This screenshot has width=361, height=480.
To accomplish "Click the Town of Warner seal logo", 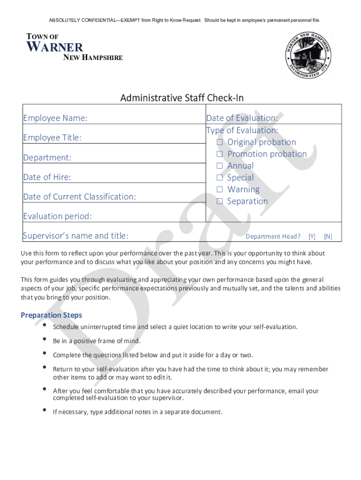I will [308, 55].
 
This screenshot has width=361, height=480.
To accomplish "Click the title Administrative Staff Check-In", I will [182, 98].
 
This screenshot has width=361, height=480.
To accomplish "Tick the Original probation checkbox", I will [219, 142].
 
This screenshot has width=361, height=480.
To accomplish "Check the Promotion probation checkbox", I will [219, 154].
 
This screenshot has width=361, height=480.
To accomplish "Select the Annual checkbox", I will [219, 165].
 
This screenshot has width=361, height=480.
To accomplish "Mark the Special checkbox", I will [219, 178].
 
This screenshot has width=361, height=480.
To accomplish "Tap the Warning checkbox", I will [219, 189].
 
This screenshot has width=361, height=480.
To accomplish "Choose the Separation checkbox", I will [219, 201].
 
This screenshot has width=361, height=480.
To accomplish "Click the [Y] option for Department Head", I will [312, 237].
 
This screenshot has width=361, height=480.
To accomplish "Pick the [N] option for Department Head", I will [328, 237].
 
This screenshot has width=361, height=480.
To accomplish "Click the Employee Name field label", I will [55, 118].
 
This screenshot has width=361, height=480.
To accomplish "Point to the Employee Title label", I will [53, 138].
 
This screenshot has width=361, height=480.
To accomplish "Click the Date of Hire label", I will [47, 177].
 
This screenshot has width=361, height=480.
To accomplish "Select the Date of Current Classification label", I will [79, 197].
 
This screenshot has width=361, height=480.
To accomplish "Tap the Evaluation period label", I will [58, 216].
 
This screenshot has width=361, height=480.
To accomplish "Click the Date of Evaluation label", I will [242, 118].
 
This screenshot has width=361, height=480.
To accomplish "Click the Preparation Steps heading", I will [51, 315].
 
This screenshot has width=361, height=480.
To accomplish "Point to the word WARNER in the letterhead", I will [55, 47].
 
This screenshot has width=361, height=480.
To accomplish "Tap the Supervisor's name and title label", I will [75, 236].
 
